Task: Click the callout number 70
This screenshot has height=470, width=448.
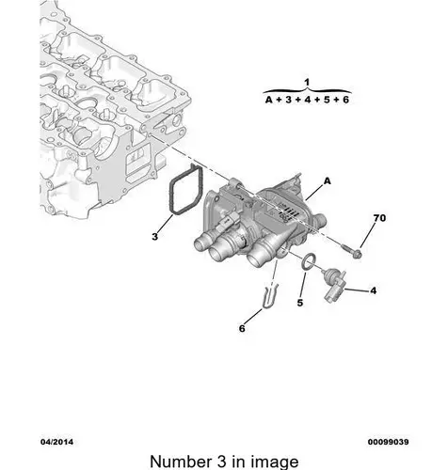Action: tap(379, 218)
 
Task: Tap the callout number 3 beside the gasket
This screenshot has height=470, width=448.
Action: tap(155, 237)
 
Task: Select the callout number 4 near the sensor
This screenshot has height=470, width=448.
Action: tap(373, 290)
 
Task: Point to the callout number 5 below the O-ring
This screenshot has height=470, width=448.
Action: tap(300, 303)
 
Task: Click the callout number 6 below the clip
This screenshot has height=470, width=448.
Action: tap(242, 328)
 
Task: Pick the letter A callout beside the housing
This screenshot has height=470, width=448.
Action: tap(328, 181)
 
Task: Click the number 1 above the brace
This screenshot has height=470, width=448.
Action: tap(307, 83)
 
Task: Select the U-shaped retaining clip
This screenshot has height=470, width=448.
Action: tap(269, 296)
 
